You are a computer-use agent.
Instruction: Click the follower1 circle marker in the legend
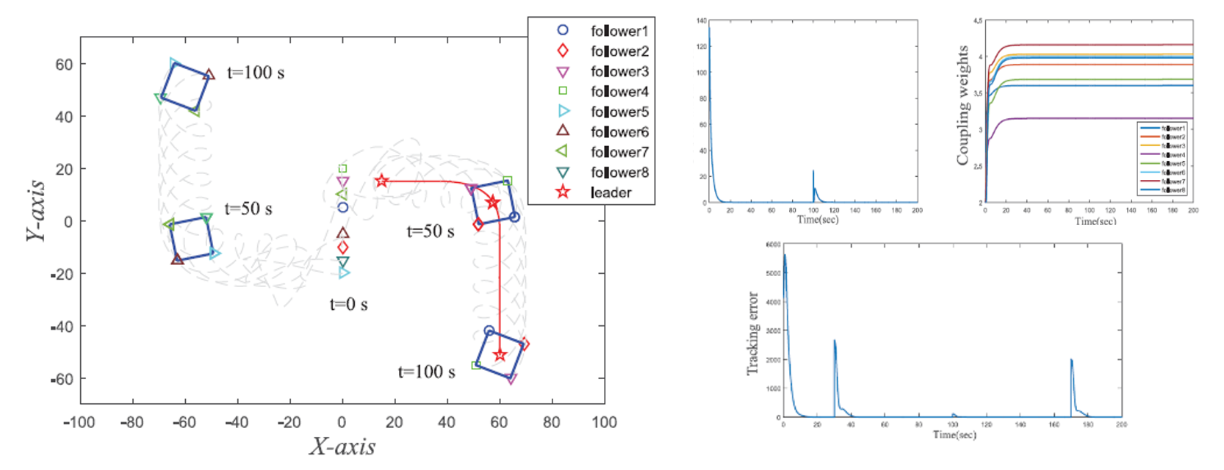[x=563, y=30]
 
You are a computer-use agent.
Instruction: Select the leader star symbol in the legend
[x=563, y=192]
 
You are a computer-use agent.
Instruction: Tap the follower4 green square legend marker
[x=563, y=91]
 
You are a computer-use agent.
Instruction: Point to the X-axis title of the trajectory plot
[x=342, y=446]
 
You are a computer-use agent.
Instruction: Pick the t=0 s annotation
[x=348, y=304]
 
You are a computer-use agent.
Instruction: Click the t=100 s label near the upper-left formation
[x=256, y=73]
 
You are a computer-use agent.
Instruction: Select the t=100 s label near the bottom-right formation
[x=426, y=372]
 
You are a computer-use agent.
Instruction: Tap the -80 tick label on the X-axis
[x=132, y=422]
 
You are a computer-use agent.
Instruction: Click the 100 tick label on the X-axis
[x=604, y=422]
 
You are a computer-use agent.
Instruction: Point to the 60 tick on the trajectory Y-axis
[x=64, y=65]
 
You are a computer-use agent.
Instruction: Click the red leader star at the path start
[x=381, y=181]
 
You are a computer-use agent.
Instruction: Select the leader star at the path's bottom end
[x=500, y=355]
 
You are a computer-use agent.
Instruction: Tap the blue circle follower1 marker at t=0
[x=342, y=208]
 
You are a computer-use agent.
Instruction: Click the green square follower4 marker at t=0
[x=342, y=169]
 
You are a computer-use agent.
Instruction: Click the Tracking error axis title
[x=752, y=333]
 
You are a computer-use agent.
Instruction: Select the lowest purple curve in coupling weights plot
[x=1087, y=117]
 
